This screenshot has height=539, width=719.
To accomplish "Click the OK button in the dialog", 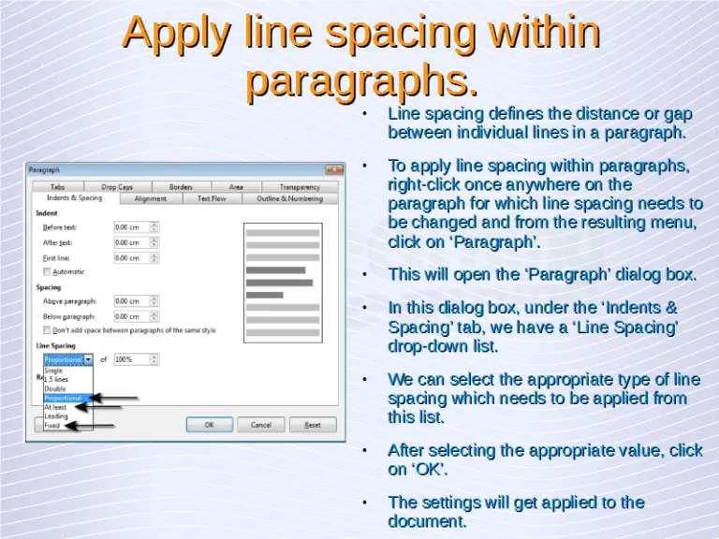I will [x=209, y=424].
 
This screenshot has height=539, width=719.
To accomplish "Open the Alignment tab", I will [x=150, y=198].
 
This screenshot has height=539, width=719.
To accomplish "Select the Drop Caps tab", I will [x=117, y=187].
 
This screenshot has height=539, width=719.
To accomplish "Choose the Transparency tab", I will [x=299, y=187].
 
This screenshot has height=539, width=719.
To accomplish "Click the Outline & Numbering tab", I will [x=289, y=198].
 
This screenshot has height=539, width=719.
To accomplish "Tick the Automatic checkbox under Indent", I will [x=48, y=271].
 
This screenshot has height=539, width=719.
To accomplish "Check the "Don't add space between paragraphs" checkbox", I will [x=48, y=330].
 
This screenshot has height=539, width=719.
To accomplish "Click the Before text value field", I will [x=130, y=226].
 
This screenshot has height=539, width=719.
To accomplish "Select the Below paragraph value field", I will [x=130, y=316].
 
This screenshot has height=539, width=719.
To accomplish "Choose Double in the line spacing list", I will [x=55, y=388].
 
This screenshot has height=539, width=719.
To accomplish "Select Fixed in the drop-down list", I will [x=52, y=425].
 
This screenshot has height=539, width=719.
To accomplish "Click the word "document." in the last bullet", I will [x=427, y=521].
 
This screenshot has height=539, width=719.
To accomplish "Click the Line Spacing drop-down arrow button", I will [x=88, y=358].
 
